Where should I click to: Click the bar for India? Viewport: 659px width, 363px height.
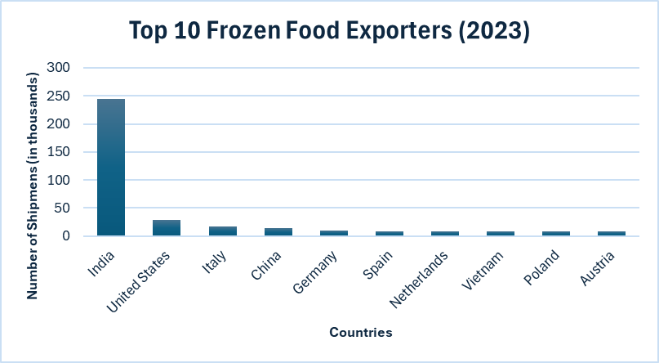[111, 168]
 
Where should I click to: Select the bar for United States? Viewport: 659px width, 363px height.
[167, 227]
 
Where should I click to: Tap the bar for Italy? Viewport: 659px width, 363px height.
[222, 231]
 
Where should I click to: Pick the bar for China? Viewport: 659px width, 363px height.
[278, 232]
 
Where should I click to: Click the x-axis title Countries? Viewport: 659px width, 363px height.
[361, 333]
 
